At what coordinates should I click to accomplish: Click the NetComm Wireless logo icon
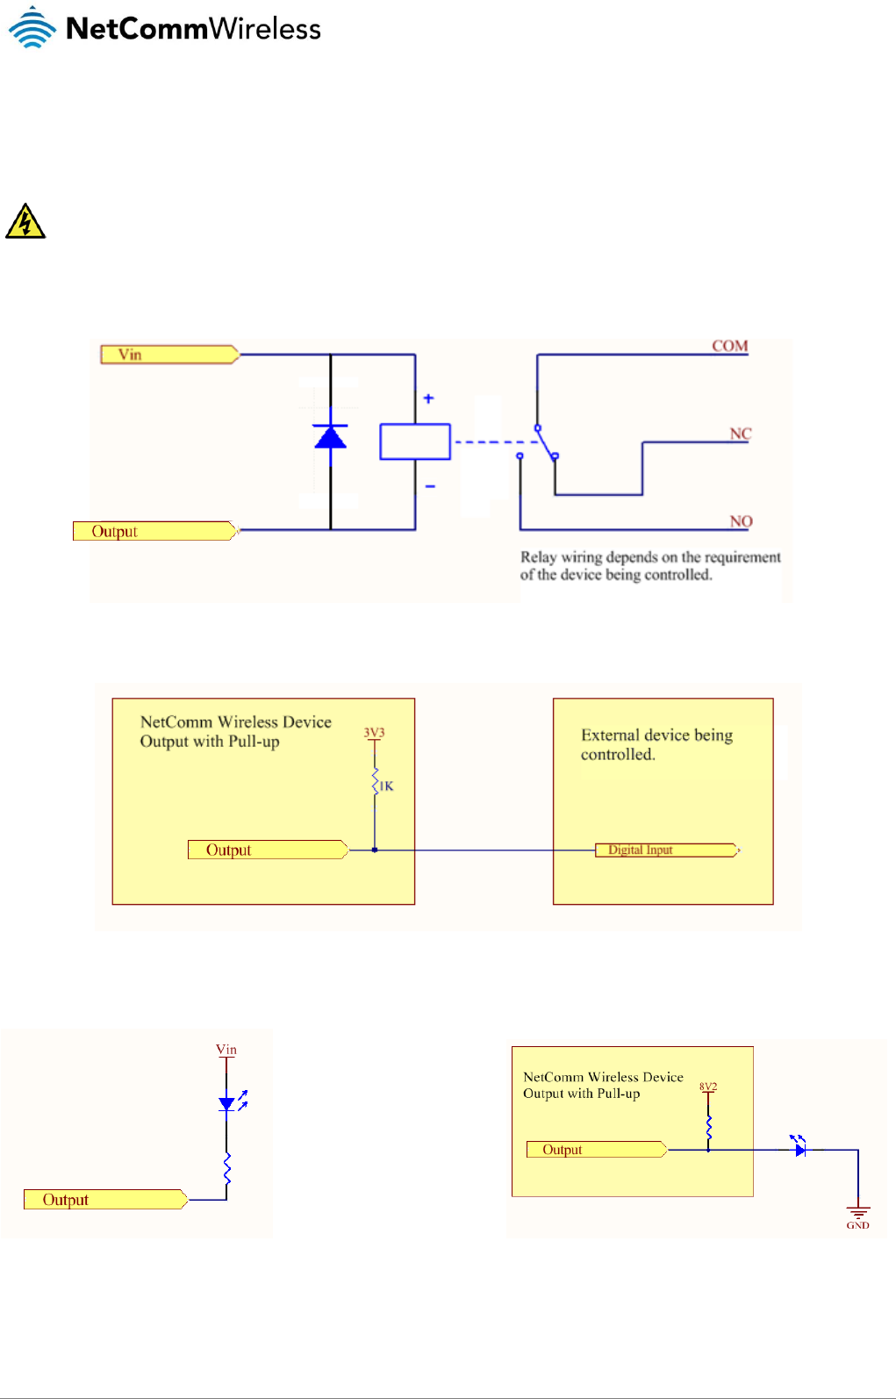click(x=32, y=27)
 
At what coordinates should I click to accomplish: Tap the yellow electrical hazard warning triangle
click(x=25, y=222)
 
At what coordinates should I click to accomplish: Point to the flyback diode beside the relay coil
click(x=330, y=436)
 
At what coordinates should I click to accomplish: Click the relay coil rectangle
click(x=415, y=441)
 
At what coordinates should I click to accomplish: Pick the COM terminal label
click(x=729, y=346)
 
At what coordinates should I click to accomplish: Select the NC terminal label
click(x=741, y=434)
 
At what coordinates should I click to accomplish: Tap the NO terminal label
click(x=742, y=521)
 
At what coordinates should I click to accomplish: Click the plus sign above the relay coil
click(x=428, y=398)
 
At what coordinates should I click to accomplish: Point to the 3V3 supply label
click(x=375, y=733)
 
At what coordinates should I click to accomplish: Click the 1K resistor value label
click(x=386, y=786)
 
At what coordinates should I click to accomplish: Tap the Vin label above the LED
click(x=226, y=1050)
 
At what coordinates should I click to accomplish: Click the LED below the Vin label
click(x=228, y=1103)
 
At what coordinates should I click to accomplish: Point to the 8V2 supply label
click(x=708, y=1087)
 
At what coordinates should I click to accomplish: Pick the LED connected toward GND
click(x=799, y=1147)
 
